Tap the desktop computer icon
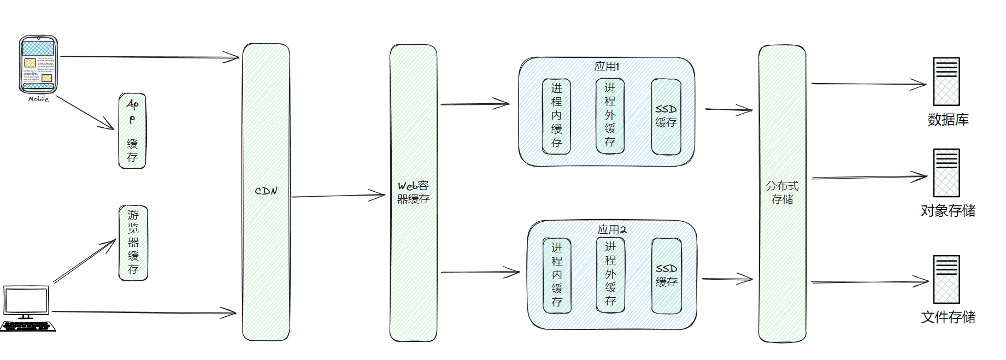28,308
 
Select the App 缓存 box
132,131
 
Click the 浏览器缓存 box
133,243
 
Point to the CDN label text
266,191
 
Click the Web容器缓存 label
413,192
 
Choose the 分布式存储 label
782,193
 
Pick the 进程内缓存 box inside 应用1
556,116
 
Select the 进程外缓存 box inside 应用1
610,116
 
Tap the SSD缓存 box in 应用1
666,116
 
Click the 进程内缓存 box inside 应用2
557,275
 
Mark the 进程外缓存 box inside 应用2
610,275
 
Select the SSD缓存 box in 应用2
667,276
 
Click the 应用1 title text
607,66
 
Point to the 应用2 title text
612,229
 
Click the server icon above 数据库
946,81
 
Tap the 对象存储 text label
948,211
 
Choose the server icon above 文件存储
946,279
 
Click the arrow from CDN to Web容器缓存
338,196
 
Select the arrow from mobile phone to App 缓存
85,113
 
